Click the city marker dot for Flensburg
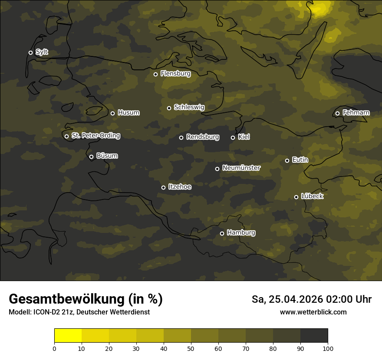click(155, 74)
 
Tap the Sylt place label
click(42, 52)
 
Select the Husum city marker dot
click(112, 113)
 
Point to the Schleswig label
click(189, 107)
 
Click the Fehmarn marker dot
click(337, 113)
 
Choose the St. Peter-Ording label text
click(95, 136)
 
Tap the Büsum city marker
click(91, 157)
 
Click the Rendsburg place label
click(202, 137)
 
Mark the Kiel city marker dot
click(233, 137)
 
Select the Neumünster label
click(241, 168)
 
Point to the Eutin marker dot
click(287, 160)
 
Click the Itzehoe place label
click(180, 187)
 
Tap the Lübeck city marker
click(296, 197)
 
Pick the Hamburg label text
click(241, 233)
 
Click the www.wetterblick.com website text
click(313, 312)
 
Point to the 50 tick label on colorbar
click(191, 348)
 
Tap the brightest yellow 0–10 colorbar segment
click(68, 336)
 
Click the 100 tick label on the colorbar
click(328, 348)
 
